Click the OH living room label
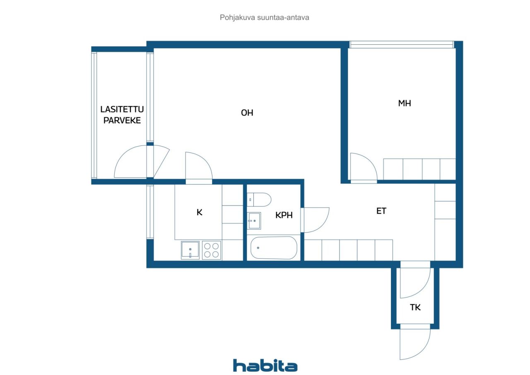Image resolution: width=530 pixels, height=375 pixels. click(x=247, y=113)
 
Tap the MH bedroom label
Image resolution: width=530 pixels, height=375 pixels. click(x=405, y=103)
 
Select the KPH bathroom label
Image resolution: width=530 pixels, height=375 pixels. click(x=284, y=215)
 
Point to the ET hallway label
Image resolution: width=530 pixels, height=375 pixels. click(x=381, y=211)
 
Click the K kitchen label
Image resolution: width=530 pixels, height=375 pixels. click(x=200, y=212)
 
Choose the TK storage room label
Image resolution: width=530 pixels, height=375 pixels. click(x=415, y=307)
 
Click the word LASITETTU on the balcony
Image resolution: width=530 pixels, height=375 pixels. click(x=122, y=109)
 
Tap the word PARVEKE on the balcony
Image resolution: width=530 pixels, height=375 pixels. click(x=122, y=120)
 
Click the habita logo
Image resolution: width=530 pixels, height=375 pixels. click(x=265, y=365)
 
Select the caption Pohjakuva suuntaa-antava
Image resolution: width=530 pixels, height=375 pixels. click(x=265, y=17)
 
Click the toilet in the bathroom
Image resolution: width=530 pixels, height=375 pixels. click(x=259, y=200)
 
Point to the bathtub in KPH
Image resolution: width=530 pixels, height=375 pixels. click(x=274, y=248)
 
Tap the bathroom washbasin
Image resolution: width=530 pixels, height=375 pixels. click(x=254, y=220)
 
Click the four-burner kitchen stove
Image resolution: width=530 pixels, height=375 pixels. click(x=212, y=250)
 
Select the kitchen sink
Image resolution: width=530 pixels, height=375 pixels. click(x=190, y=250)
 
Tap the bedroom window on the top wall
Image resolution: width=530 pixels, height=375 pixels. click(x=402, y=44)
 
